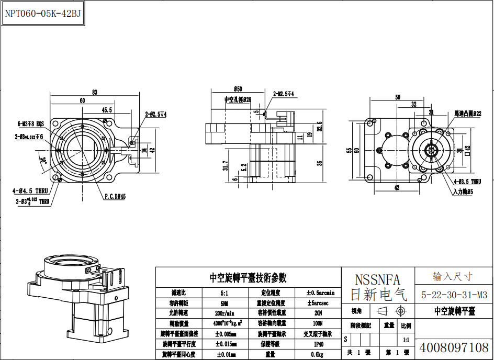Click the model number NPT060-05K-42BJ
click(43, 14)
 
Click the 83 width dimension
click(95, 93)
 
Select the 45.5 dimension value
click(107, 110)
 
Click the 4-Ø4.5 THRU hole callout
click(30, 192)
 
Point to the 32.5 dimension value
click(319, 126)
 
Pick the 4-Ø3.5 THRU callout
click(467, 182)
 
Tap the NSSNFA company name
click(377, 279)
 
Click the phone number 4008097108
click(454, 347)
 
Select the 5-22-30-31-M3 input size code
click(454, 295)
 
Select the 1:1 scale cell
click(406, 339)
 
